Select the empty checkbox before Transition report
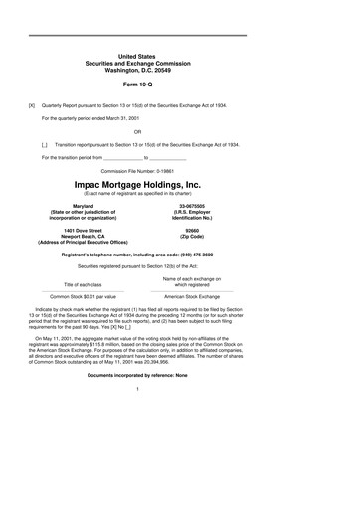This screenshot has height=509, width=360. click(44, 144)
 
